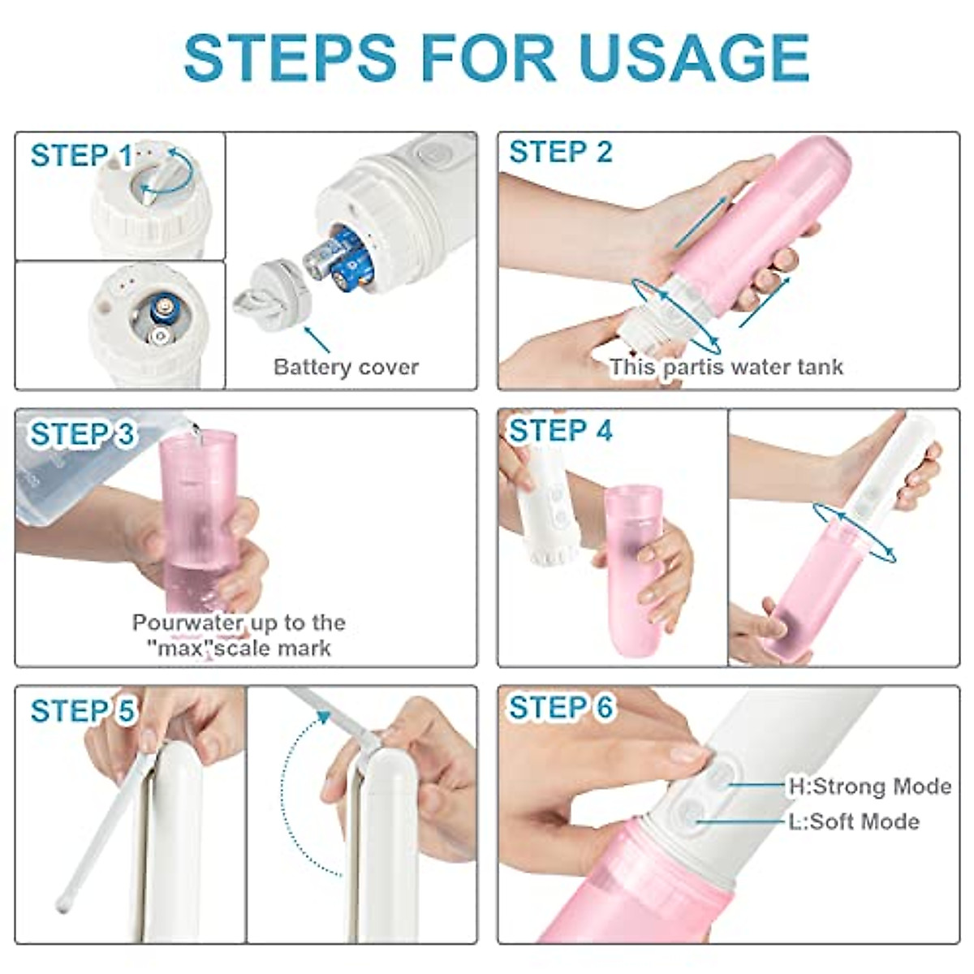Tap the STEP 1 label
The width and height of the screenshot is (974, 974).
(x=81, y=155)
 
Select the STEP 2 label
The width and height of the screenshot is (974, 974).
(x=560, y=152)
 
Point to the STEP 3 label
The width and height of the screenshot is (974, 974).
(x=82, y=434)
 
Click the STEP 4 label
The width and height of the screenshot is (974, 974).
(x=560, y=431)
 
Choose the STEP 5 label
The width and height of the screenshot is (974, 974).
(x=82, y=711)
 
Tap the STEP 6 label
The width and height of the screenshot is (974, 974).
(x=560, y=708)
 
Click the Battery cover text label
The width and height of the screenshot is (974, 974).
(x=346, y=367)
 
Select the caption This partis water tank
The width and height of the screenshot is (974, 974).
(x=726, y=367)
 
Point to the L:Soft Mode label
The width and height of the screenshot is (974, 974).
(x=854, y=821)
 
